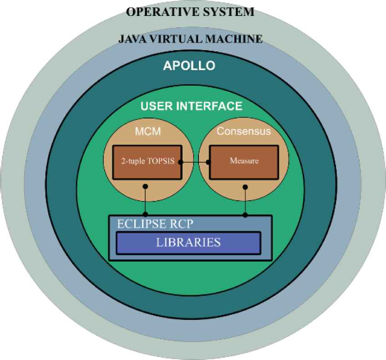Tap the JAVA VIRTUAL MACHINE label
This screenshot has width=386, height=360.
(x=190, y=39)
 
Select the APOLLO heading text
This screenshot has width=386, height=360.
(x=189, y=66)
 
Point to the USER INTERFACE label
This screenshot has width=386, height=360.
(x=191, y=107)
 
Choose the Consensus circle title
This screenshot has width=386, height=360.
(x=244, y=132)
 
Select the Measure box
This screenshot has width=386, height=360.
(x=244, y=161)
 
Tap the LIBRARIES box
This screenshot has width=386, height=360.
(x=188, y=242)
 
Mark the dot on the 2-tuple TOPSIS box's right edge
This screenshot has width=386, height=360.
(x=181, y=162)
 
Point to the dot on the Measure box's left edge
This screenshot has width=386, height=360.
(x=209, y=162)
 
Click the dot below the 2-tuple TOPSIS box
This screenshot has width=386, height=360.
(x=145, y=187)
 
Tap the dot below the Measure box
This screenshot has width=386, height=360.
(x=246, y=187)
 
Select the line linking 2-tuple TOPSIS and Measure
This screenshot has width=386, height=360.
(x=195, y=162)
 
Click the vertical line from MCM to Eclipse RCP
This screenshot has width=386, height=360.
(x=145, y=201)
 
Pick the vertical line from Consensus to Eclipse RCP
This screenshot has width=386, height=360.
(x=246, y=201)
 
